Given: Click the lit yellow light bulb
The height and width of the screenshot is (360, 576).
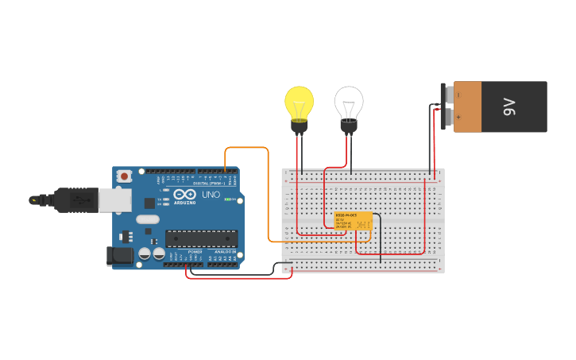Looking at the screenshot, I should (x=300, y=103).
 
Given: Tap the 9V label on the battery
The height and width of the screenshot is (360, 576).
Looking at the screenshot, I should (x=509, y=106).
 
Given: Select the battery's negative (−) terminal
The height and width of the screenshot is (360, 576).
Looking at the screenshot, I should (x=449, y=95).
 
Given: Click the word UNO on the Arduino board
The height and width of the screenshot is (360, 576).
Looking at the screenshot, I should (x=211, y=195).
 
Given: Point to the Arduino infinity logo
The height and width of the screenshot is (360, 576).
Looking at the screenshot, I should (x=185, y=195).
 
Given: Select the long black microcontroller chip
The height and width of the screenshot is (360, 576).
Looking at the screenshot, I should (x=201, y=238).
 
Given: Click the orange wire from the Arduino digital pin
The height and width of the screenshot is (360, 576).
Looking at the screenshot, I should (x=246, y=148).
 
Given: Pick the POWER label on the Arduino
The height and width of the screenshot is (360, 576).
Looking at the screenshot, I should (x=195, y=251).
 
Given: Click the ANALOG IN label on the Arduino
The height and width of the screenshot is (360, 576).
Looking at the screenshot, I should (x=225, y=251).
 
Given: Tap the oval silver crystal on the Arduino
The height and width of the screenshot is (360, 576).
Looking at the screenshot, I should (x=148, y=219).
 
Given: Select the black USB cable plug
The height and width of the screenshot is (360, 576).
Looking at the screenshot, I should (x=76, y=199).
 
